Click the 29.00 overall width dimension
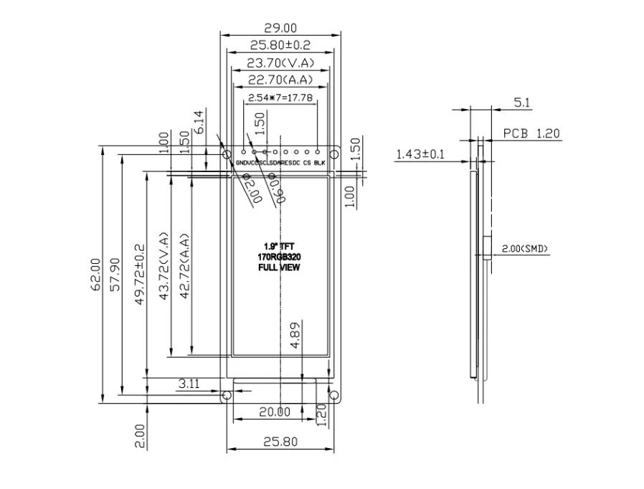(280, 28)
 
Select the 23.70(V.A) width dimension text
(280, 62)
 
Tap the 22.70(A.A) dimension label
(280, 80)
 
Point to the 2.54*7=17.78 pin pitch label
(280, 97)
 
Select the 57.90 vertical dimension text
(115, 273)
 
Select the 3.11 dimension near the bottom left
(188, 384)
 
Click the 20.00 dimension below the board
(274, 412)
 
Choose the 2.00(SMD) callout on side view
(524, 249)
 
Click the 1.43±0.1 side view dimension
(420, 153)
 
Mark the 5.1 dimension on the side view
(522, 103)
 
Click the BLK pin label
(320, 163)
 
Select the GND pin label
(242, 163)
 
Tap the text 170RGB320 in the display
(278, 257)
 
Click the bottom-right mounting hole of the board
(333, 396)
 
